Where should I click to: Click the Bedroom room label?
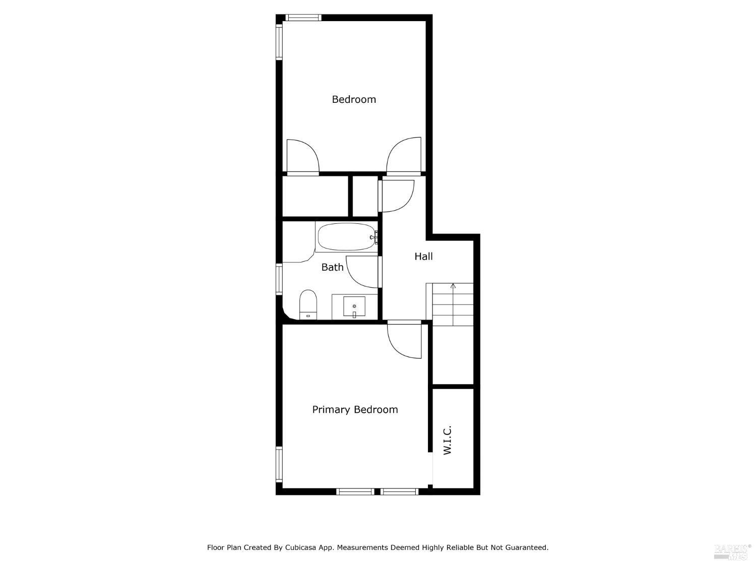coord(354,99)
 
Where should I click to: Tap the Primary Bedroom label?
coord(355,410)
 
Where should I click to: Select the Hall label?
coord(423,257)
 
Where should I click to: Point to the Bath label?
coord(332,267)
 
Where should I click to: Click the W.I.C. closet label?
coord(447,440)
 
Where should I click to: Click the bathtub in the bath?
coord(347,237)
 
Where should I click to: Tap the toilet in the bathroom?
coord(307,304)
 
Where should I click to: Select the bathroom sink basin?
coord(354,306)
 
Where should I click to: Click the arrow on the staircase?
coord(453,287)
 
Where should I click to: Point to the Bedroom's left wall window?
coord(279,42)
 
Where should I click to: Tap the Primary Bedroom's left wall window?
coord(279,464)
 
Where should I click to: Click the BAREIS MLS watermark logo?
coord(732,551)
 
